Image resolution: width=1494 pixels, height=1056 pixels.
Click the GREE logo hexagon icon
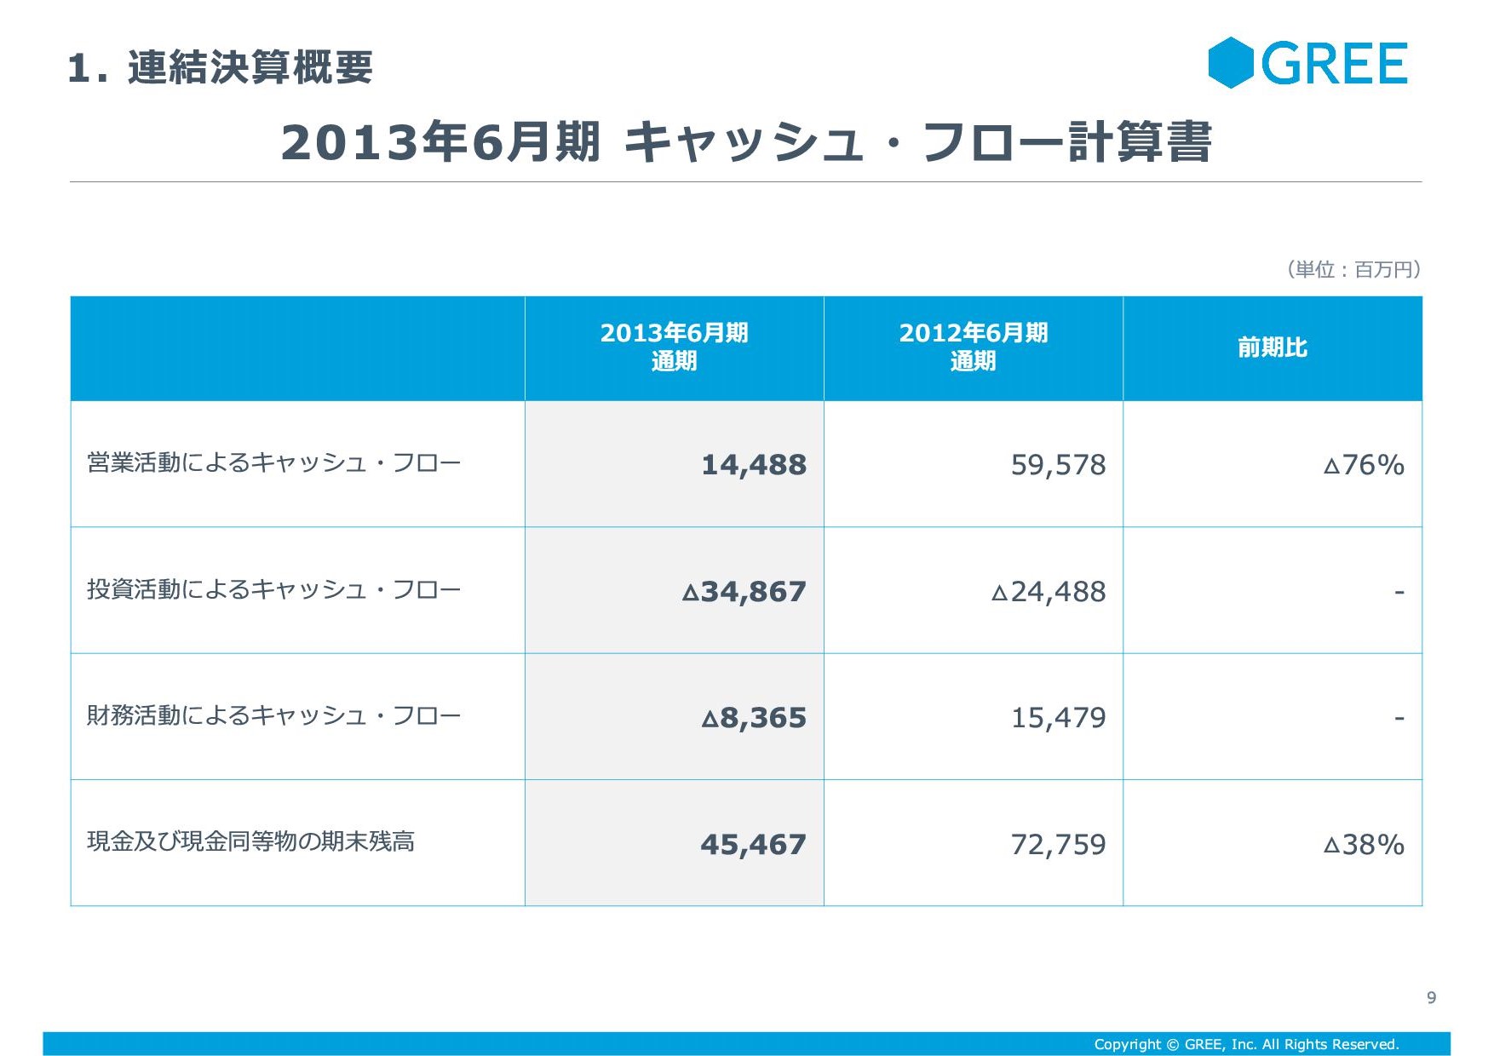[1231, 63]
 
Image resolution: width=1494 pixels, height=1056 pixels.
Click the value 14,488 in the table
[753, 465]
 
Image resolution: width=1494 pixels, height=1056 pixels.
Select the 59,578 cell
[1058, 465]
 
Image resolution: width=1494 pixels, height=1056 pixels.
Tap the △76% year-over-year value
[1363, 465]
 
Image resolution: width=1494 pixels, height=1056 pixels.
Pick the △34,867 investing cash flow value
[744, 592]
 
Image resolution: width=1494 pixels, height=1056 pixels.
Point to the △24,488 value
[1048, 592]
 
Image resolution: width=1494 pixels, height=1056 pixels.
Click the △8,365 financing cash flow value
[753, 718]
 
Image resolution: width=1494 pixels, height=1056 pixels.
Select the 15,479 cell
[1058, 718]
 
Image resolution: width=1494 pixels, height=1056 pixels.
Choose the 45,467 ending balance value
[753, 845]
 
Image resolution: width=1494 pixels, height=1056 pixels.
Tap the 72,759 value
[1058, 845]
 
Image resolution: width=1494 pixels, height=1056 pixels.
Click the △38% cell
[1363, 845]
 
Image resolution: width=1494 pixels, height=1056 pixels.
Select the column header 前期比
[1272, 347]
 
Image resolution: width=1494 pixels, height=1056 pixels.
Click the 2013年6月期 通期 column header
[674, 347]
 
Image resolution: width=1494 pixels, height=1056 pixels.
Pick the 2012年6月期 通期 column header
[973, 347]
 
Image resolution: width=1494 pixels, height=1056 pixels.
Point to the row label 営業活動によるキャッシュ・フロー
[273, 463]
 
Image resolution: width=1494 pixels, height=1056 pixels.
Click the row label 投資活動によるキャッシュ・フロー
[273, 589]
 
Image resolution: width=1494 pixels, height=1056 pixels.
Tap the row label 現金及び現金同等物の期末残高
[250, 841]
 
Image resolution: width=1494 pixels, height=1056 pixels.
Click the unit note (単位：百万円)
[1353, 270]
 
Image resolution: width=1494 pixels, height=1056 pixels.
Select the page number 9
[1431, 997]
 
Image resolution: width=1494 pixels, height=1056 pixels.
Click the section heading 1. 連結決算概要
[220, 67]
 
